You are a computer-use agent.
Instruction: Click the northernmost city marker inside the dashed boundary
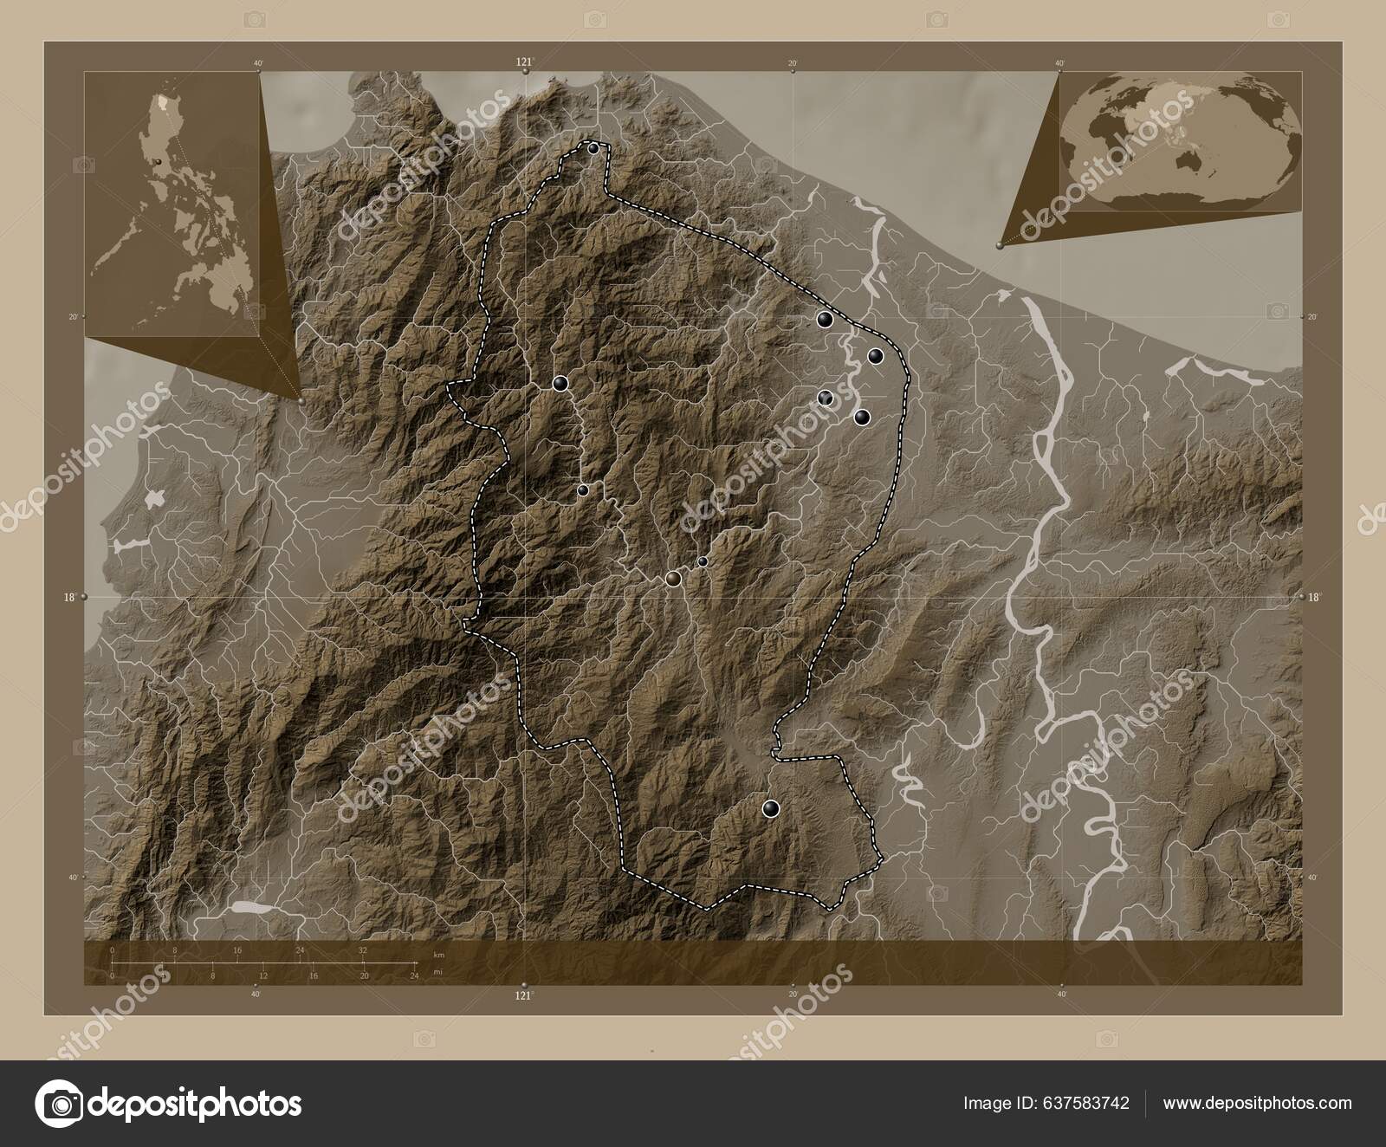click(x=593, y=149)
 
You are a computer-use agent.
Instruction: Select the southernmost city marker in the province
click(x=771, y=808)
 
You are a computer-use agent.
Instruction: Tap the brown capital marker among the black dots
click(x=674, y=579)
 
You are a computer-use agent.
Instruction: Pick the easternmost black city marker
click(x=875, y=355)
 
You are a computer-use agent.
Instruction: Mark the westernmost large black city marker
click(x=560, y=383)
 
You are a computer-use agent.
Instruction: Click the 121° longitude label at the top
click(x=524, y=62)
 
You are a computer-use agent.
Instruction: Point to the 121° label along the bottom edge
click(x=523, y=995)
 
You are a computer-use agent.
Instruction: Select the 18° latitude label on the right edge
click(x=1314, y=597)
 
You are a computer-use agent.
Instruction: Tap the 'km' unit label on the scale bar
click(x=439, y=954)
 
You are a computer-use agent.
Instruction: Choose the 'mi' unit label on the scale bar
click(x=438, y=975)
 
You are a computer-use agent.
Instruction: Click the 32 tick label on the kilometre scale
click(x=363, y=950)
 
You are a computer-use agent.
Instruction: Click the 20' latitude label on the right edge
click(x=1312, y=317)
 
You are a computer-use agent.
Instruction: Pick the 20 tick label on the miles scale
click(x=365, y=975)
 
